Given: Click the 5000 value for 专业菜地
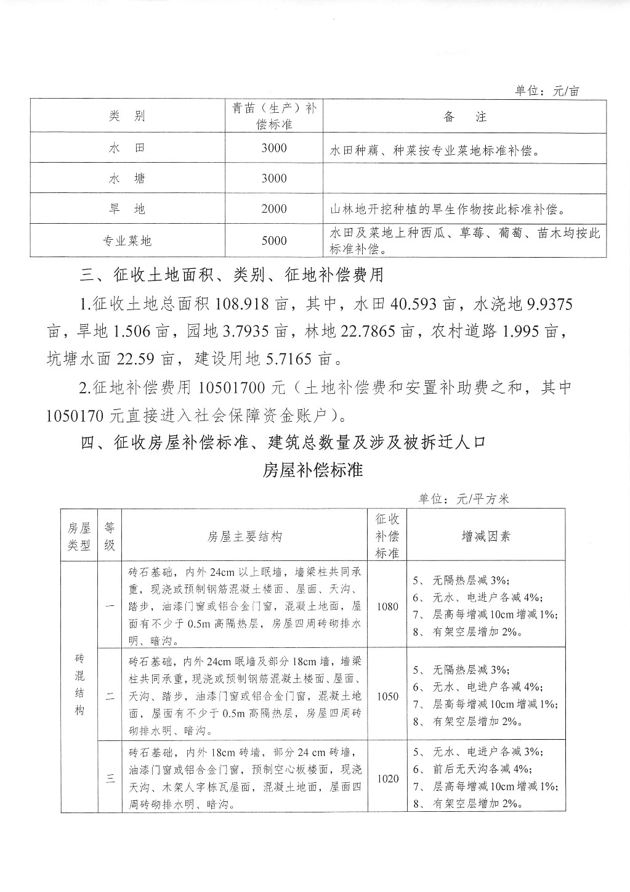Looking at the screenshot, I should click(x=274, y=241).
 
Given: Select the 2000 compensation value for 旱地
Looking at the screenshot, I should click(x=274, y=209).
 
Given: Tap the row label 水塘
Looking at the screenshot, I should click(x=127, y=179).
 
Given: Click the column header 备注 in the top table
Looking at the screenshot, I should click(x=465, y=117).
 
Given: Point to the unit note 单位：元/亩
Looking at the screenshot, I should click(x=547, y=91).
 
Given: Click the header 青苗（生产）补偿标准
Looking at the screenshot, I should click(x=274, y=116).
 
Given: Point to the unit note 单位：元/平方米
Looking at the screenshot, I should click(x=464, y=499).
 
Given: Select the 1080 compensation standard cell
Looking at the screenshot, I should click(x=387, y=606).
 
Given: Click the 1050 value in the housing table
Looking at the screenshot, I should click(x=387, y=696).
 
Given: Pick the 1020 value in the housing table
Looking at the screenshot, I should click(x=387, y=779).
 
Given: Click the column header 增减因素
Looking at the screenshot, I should click(x=486, y=536).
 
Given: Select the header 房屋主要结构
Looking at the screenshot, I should click(x=244, y=536).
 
